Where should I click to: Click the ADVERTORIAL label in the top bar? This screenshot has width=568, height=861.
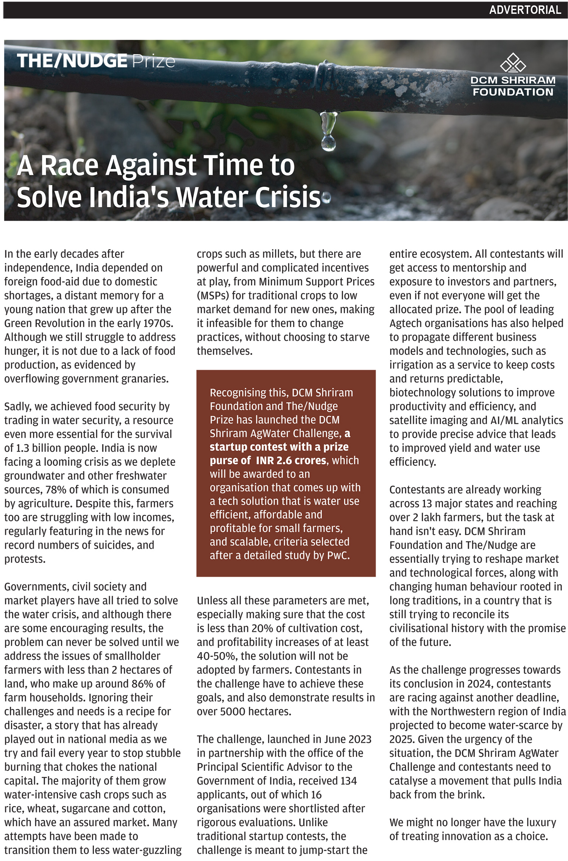(x=525, y=10)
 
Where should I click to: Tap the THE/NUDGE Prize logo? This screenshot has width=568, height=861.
(x=96, y=61)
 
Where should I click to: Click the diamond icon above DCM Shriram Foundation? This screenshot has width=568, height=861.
(x=513, y=63)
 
